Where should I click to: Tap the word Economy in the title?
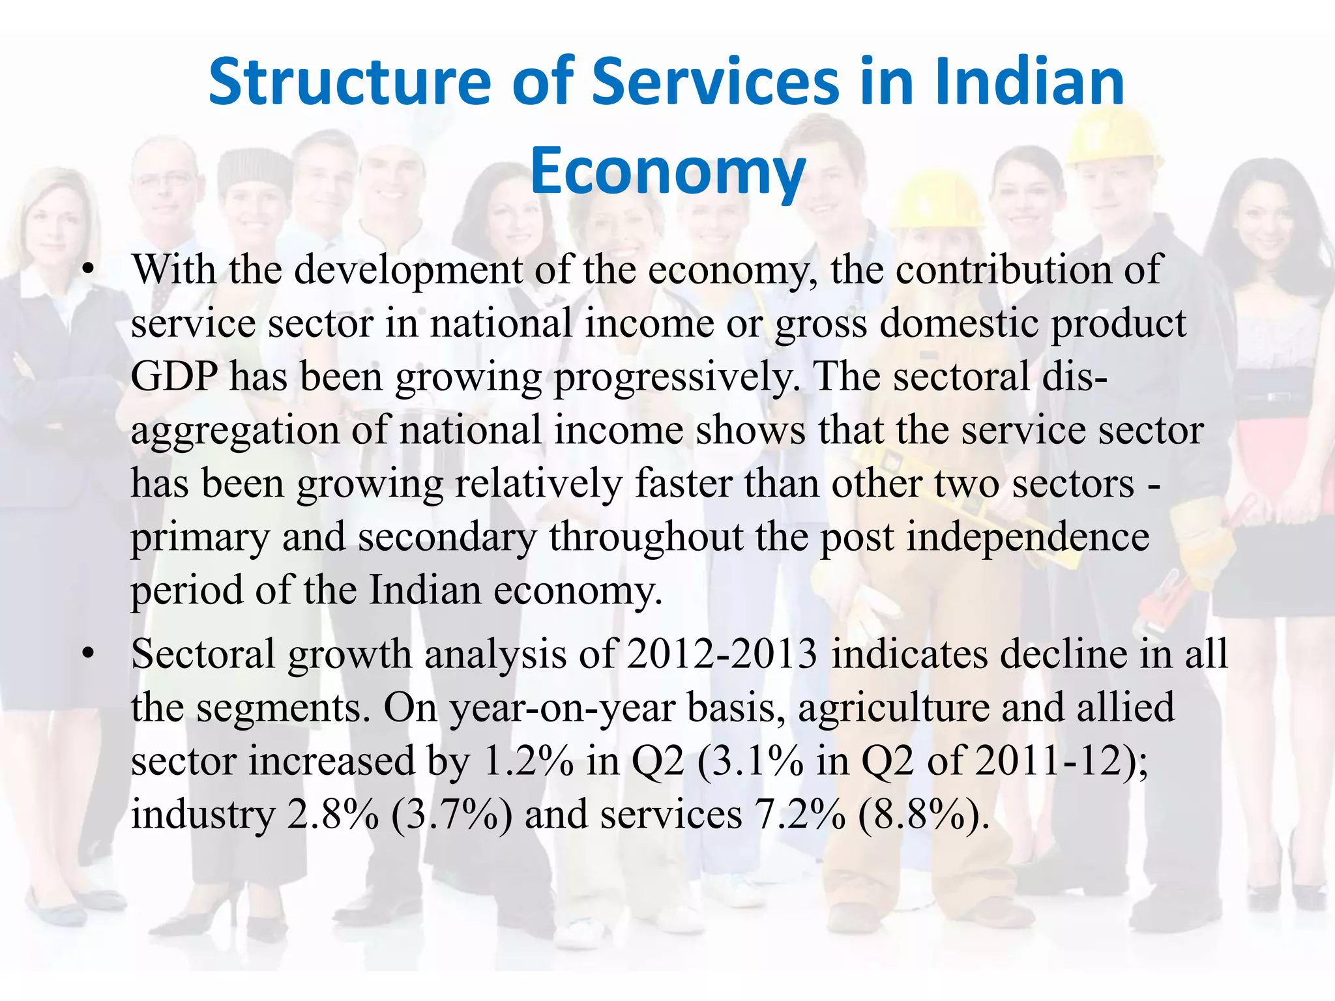(x=667, y=171)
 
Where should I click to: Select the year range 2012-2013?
(x=722, y=654)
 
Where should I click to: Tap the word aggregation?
(x=235, y=431)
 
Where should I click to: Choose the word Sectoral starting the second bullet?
(x=203, y=654)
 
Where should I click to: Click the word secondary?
(x=447, y=538)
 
